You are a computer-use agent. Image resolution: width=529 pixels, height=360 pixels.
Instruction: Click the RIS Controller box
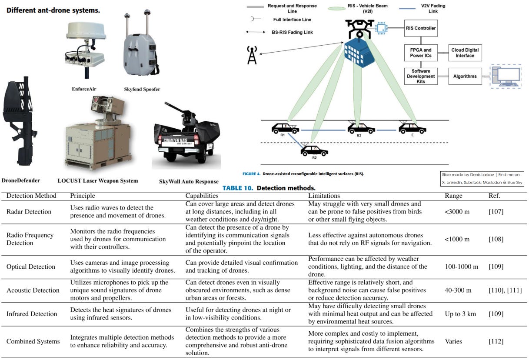pos(420,28)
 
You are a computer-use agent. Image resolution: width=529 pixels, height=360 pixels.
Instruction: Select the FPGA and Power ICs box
pos(421,53)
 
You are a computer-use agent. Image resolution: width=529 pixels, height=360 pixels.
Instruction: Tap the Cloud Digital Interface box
pos(465,53)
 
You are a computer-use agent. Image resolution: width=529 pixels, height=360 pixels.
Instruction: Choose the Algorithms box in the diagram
pos(465,76)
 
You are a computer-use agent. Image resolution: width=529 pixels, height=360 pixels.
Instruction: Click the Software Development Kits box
pos(421,76)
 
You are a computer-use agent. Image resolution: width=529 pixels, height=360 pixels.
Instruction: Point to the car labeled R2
pos(314,150)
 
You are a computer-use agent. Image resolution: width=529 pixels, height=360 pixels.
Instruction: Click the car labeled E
pos(412,128)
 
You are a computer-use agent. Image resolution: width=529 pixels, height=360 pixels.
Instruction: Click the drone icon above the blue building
pos(359,28)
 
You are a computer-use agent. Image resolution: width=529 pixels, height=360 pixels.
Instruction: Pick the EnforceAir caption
pos(84,89)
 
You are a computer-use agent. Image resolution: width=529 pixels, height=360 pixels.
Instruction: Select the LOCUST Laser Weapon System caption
pos(98,180)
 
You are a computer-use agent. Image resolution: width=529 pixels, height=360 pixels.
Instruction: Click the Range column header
pos(453,196)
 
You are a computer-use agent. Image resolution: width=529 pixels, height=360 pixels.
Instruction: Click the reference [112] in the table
pos(496,341)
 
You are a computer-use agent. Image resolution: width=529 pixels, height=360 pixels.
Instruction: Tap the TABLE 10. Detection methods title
pos(269,188)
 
